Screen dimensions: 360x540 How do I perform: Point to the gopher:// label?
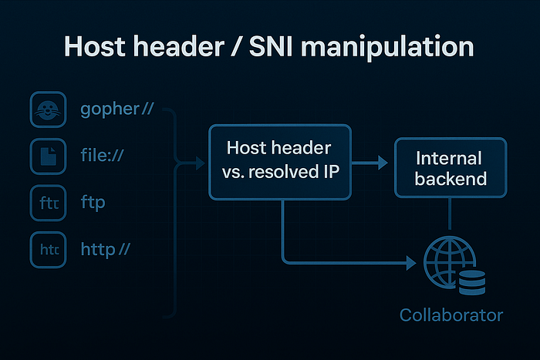[x=117, y=109]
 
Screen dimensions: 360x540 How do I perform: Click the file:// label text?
[x=102, y=156]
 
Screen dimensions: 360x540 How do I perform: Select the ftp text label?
[x=93, y=204]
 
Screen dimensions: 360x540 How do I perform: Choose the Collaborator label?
[x=451, y=315]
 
